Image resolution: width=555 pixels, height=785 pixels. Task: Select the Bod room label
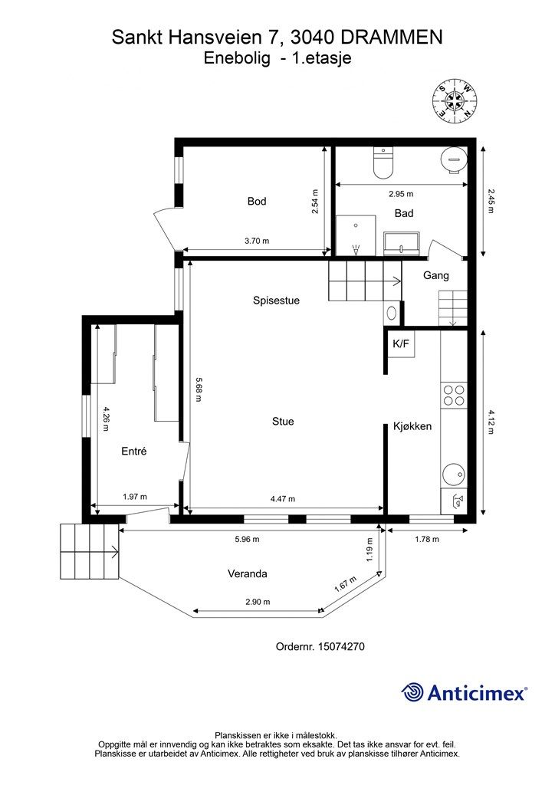[257, 202]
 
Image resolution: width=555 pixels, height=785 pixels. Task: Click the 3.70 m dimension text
[257, 241]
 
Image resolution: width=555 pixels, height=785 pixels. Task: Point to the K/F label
[401, 344]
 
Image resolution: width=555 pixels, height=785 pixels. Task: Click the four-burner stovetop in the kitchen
[454, 395]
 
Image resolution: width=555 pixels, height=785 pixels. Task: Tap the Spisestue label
[276, 301]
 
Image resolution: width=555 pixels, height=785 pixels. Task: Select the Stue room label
[283, 422]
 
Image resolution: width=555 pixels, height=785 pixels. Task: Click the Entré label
[134, 451]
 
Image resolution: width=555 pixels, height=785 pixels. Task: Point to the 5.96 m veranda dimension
[248, 539]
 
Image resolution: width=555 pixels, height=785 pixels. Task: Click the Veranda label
[248, 573]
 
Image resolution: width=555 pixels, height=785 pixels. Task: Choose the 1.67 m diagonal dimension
[346, 584]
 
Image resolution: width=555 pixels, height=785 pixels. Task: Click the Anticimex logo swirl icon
[412, 693]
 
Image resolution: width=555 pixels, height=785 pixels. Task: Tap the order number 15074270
[341, 646]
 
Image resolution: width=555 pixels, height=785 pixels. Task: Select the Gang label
[436, 275]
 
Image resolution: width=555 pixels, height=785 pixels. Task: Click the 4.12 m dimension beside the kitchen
[490, 422]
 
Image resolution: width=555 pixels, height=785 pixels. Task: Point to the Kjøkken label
[412, 426]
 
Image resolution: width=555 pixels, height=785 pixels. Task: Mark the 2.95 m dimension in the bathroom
[401, 194]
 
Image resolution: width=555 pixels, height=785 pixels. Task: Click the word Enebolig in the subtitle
[237, 58]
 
